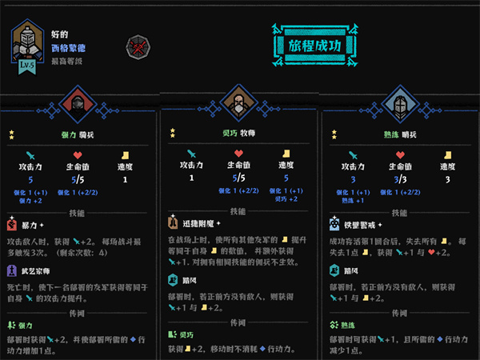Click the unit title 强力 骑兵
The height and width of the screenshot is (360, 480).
[x=76, y=136]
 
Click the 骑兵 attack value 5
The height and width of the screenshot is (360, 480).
[x=31, y=179]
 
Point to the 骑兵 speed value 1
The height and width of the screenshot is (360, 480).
[x=126, y=179]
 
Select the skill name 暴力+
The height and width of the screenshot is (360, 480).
[x=33, y=226]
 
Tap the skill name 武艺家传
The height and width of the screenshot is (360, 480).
[x=39, y=271]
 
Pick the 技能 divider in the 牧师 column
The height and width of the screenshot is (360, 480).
[x=238, y=211]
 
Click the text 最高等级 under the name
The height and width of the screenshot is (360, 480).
[x=67, y=60]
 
